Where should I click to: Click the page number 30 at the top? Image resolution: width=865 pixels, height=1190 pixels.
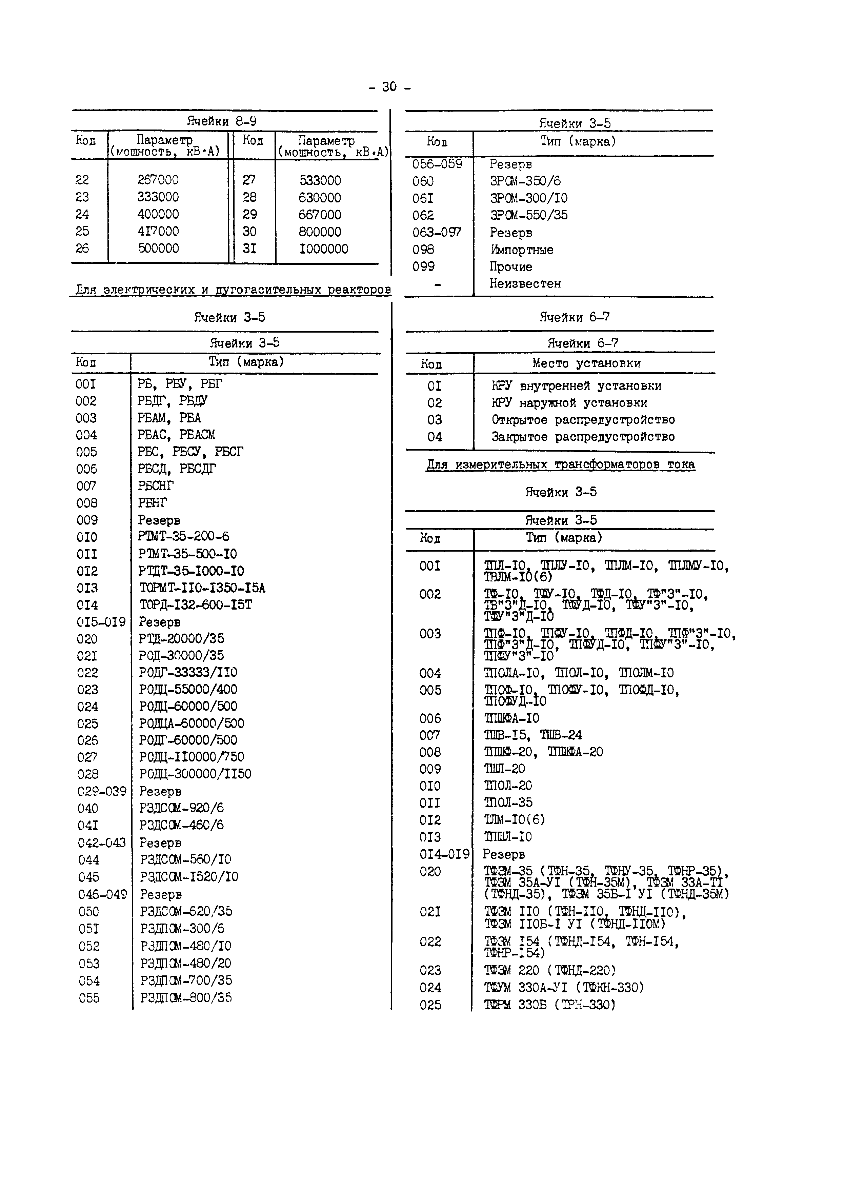coord(389,86)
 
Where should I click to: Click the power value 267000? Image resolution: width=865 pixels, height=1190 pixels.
coord(158,180)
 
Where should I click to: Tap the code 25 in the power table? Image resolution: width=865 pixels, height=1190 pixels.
coord(82,231)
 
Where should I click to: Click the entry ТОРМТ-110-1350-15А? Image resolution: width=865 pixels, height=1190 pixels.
coord(202,588)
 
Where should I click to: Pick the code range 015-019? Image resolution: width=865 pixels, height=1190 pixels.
coord(101,622)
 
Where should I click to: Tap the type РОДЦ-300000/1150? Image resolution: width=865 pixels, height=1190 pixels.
coord(195,774)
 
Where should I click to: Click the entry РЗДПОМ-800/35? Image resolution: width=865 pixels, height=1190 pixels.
coord(186,997)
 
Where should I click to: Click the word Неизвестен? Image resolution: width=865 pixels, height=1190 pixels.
coord(525,283)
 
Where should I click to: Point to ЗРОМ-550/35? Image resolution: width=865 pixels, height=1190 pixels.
coord(528,215)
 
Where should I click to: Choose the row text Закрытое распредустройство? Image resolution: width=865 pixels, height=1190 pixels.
coord(582,437)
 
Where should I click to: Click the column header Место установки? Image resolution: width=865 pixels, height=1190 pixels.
coord(586,363)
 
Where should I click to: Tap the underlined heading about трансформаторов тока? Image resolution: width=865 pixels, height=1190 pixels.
coord(560,464)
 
